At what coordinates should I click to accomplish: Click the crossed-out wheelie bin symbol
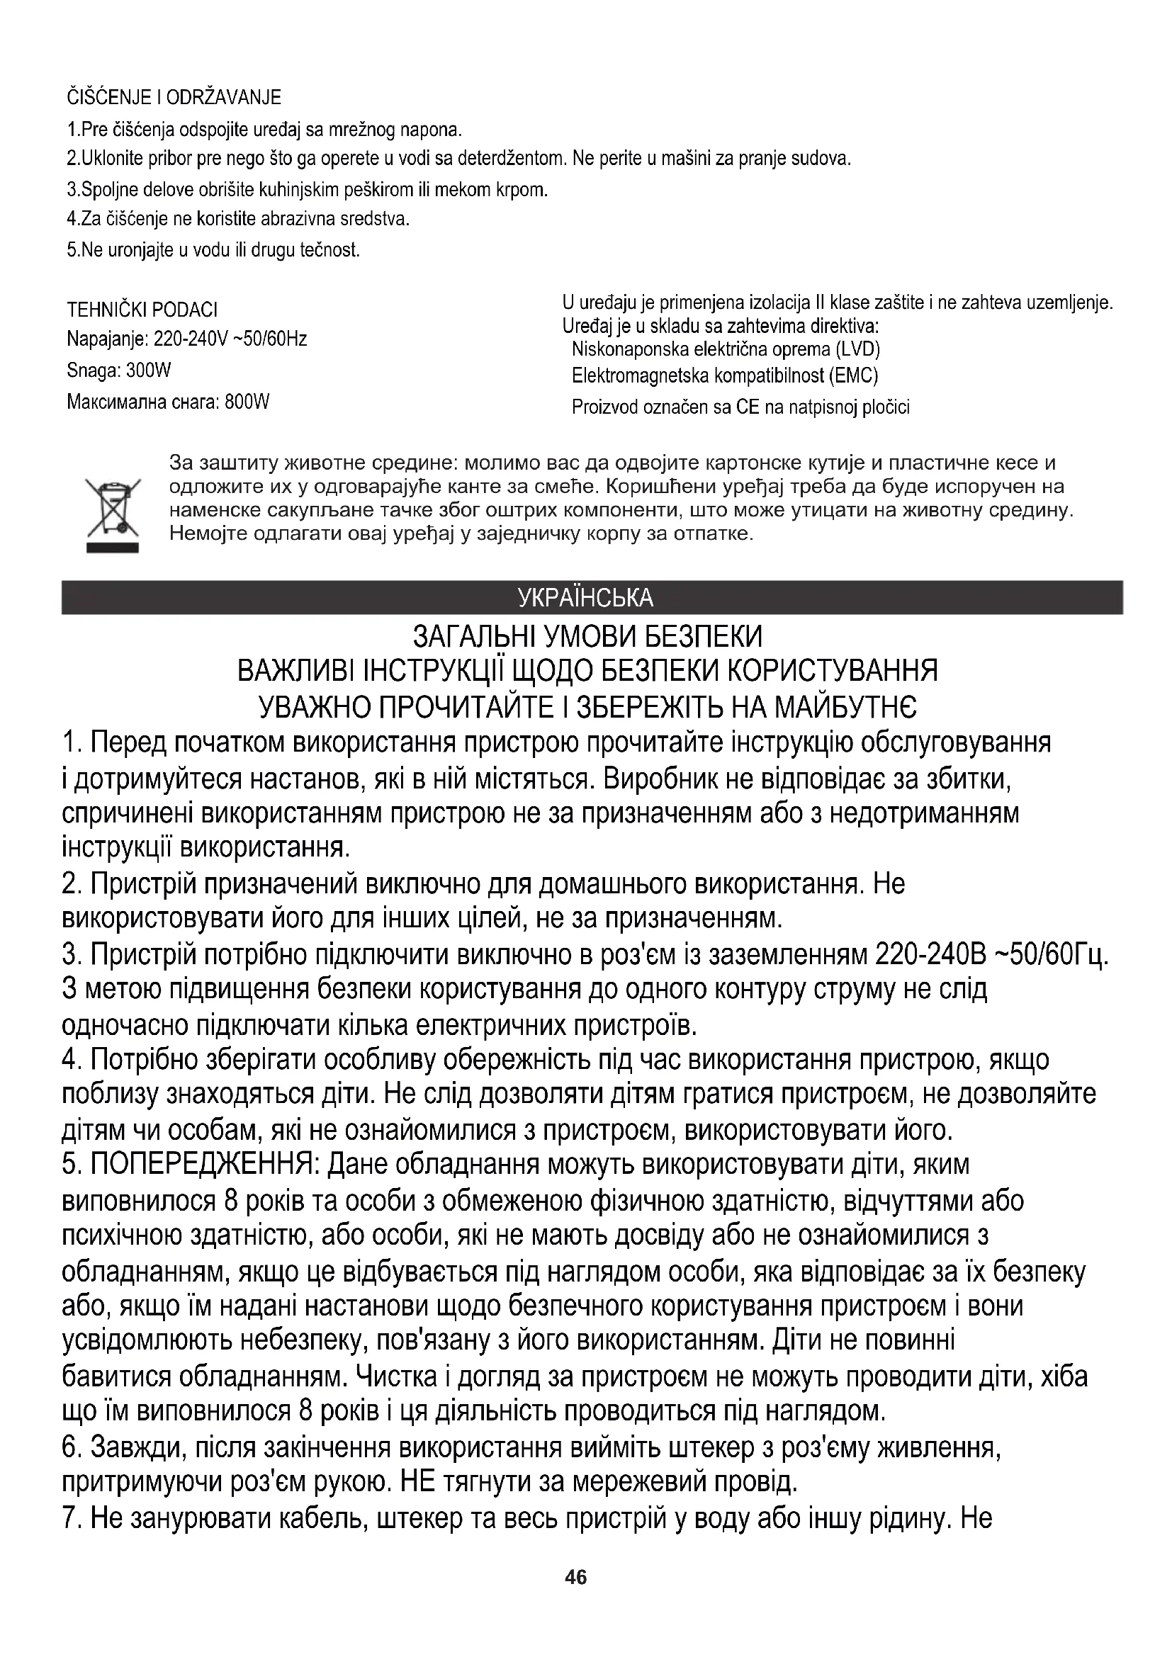113,514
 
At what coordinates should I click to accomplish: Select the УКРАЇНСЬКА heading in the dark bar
586,599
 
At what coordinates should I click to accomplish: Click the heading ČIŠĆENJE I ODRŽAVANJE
174,98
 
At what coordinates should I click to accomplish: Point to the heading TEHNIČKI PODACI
142,310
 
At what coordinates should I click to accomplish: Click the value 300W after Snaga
149,371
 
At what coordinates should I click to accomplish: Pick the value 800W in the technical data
247,402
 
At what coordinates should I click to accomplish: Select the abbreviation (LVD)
858,349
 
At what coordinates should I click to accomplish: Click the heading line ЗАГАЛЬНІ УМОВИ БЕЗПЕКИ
587,638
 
